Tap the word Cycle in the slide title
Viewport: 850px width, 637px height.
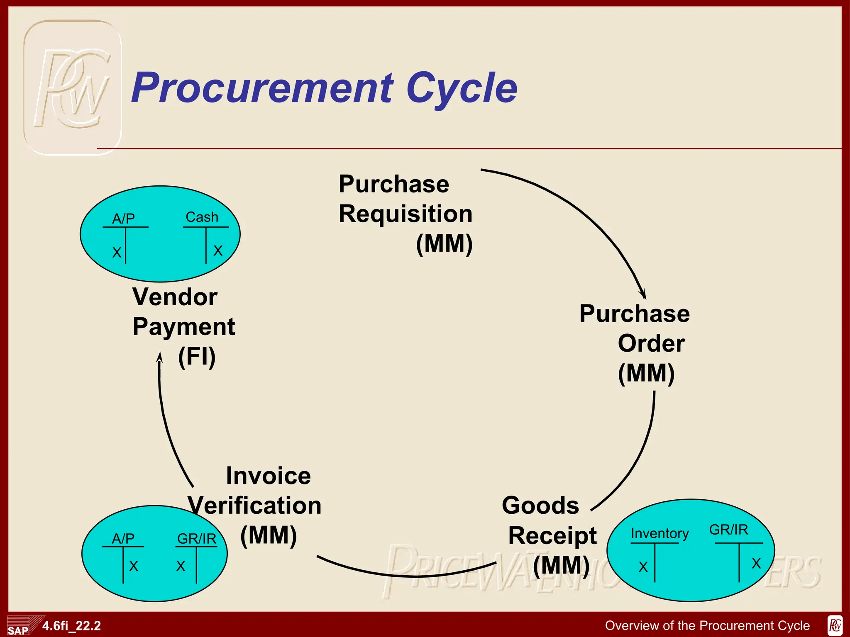tap(462, 88)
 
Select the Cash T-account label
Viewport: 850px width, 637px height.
tap(202, 217)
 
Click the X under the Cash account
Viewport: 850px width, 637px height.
tap(218, 250)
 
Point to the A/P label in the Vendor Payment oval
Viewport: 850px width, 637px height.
tap(124, 219)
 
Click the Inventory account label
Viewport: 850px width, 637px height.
tap(659, 533)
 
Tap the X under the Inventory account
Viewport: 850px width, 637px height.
tap(643, 567)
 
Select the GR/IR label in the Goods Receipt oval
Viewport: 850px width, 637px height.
tap(728, 530)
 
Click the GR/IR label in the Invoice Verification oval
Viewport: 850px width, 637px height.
tap(197, 539)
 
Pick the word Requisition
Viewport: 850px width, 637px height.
tap(405, 214)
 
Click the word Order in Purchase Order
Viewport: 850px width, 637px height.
tap(651, 343)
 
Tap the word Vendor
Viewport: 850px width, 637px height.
tap(175, 297)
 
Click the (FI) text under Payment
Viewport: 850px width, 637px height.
tap(197, 357)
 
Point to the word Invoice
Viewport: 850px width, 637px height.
tap(268, 476)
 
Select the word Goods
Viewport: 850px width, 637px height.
tap(540, 506)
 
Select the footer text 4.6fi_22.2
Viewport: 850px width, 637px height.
tap(71, 625)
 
